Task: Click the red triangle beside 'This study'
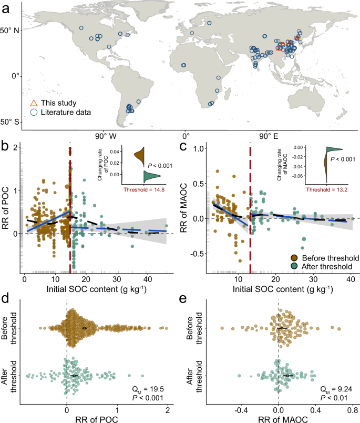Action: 34,103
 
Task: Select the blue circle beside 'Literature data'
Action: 34,112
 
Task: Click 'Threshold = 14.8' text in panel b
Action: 144,189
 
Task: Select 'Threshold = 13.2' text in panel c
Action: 321,189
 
